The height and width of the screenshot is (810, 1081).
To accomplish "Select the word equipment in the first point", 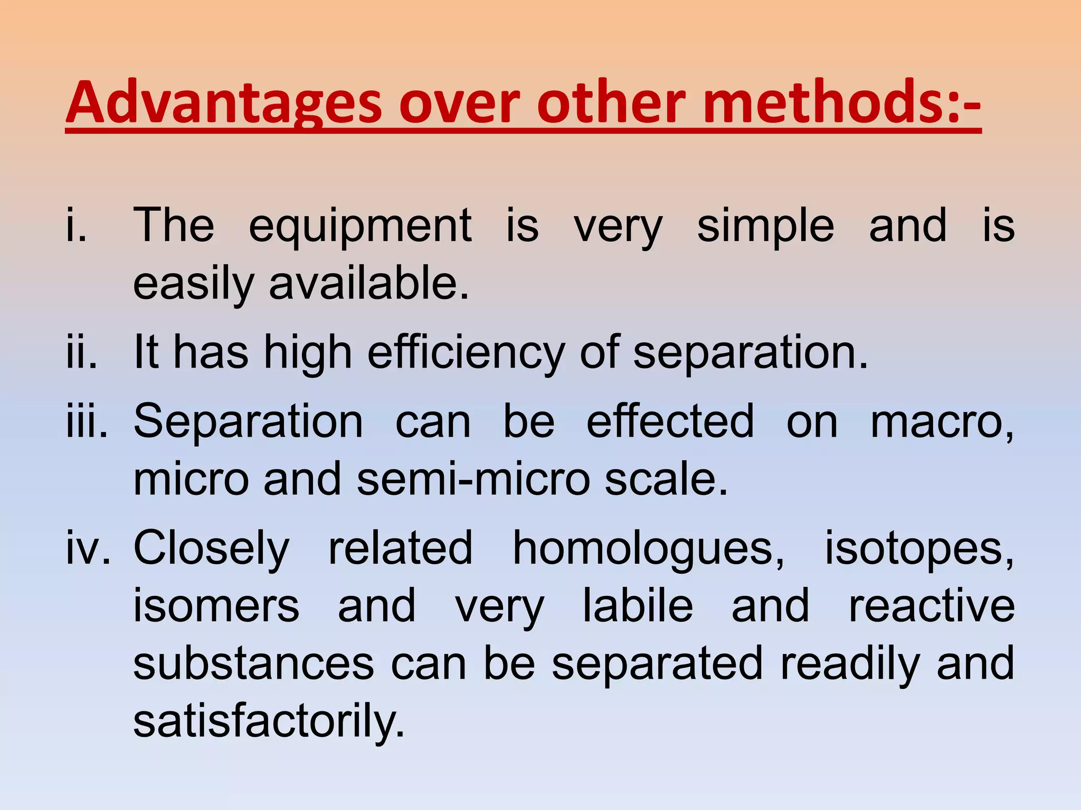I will pyautogui.click(x=360, y=227).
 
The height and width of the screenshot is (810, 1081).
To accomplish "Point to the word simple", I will pyautogui.click(x=765, y=227).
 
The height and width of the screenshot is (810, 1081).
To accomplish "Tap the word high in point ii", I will pyautogui.click(x=308, y=353).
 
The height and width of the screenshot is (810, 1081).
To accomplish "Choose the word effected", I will pyautogui.click(x=670, y=421).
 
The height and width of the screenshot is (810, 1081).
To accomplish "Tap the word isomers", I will pyautogui.click(x=216, y=606).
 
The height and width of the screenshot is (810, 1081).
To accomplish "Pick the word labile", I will pyautogui.click(x=638, y=606).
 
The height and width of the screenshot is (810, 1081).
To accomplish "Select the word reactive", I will pyautogui.click(x=931, y=606).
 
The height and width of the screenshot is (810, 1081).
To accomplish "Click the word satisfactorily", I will pyautogui.click(x=269, y=721).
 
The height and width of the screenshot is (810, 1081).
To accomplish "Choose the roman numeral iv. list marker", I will pyautogui.click(x=88, y=548).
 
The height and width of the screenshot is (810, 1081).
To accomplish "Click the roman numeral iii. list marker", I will pyautogui.click(x=87, y=421).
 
